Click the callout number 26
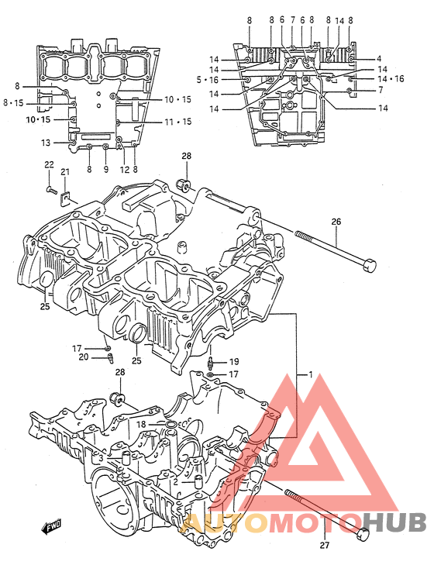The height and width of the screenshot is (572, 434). [336, 222]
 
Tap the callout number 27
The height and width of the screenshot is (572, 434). [324, 545]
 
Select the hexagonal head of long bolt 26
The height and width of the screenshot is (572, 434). [369, 265]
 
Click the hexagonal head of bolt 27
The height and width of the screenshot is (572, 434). [363, 534]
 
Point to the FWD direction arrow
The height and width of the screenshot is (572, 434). [52, 527]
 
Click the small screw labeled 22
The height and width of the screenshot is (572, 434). [51, 190]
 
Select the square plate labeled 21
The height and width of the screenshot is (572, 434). [64, 198]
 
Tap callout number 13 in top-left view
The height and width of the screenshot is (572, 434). [46, 143]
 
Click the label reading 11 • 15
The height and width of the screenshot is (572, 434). [177, 122]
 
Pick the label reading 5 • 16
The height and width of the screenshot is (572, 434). [207, 79]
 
